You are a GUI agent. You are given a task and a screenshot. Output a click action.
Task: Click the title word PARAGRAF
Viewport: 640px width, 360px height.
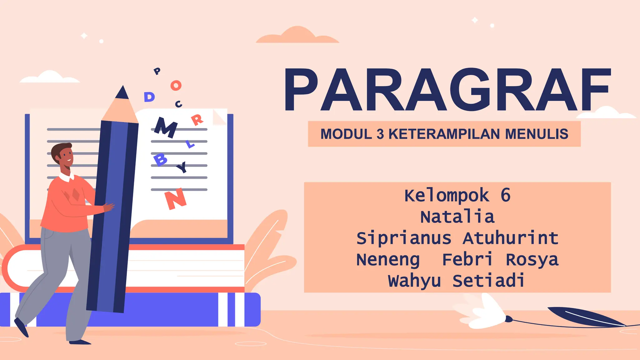click(447, 90)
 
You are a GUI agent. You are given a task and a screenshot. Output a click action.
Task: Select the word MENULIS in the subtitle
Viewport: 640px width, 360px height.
click(537, 134)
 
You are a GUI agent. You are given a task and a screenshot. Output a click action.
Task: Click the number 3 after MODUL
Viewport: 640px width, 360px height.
click(380, 134)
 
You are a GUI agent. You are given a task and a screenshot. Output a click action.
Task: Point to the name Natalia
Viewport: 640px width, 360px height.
click(457, 217)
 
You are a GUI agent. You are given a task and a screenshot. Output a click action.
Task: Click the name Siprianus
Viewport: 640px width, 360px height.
click(404, 238)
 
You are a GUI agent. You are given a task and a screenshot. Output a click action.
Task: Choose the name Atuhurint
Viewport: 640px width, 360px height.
click(510, 238)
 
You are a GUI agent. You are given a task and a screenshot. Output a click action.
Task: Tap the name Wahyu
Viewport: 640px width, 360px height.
click(414, 281)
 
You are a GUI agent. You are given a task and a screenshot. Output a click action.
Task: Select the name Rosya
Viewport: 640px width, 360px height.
click(532, 259)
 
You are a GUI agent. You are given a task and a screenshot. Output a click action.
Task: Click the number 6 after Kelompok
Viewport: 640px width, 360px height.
click(505, 195)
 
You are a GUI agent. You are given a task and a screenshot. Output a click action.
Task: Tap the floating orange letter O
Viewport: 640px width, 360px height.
click(176, 85)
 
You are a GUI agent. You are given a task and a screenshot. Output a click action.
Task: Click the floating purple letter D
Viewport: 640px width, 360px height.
click(149, 97)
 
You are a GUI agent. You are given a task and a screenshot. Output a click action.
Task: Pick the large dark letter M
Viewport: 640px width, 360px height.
click(166, 127)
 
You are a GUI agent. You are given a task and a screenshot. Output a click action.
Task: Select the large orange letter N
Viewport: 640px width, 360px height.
click(176, 199)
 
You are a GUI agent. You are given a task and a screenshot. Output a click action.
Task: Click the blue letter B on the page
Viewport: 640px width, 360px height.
click(160, 160)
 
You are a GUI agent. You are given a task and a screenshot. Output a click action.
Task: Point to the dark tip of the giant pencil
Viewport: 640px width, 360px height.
click(122, 93)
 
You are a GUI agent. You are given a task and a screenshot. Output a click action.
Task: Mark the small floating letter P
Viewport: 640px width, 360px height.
click(157, 71)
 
